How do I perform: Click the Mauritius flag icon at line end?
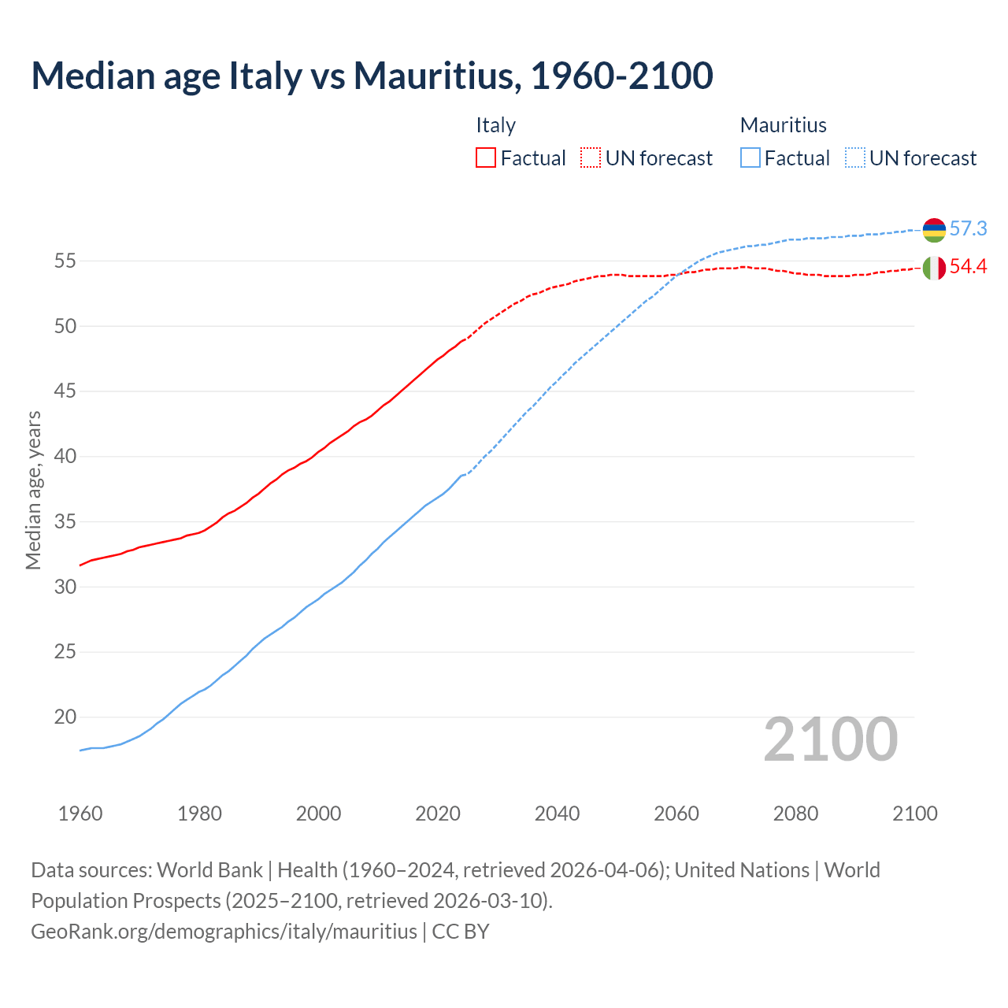point(934,230)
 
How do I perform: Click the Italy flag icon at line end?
point(934,268)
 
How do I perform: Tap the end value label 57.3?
point(968,229)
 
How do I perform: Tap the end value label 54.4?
point(968,267)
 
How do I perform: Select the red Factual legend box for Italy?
point(486,157)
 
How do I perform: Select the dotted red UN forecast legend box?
point(591,157)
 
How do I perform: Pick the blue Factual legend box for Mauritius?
point(750,157)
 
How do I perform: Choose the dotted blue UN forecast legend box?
point(855,157)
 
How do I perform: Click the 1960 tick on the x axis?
point(80,813)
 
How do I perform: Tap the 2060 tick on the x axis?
point(676,813)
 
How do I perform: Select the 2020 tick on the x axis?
point(438,813)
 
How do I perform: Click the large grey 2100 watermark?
point(831,739)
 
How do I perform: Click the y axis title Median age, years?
point(33,490)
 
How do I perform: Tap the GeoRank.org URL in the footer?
point(224,932)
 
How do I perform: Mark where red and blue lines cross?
point(676,274)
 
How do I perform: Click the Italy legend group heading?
point(495,125)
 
